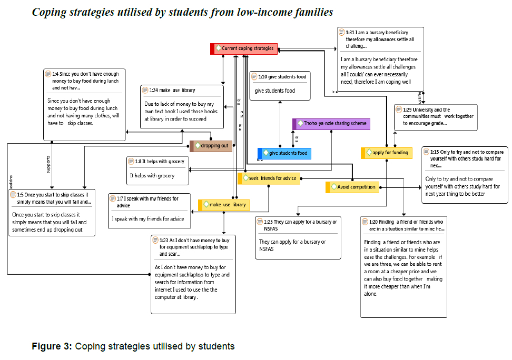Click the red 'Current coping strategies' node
coord(244,48)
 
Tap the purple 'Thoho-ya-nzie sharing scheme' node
coord(331,124)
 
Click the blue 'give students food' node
coord(284,153)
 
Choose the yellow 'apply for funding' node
coord(387,153)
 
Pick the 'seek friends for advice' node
coord(269,178)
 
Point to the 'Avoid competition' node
coord(352,187)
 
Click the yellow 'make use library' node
coord(224,205)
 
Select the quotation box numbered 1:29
coord(436,117)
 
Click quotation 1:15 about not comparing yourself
coord(465,175)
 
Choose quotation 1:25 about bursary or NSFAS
coord(298,237)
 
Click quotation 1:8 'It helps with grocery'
coord(157,171)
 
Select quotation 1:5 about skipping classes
coord(52,213)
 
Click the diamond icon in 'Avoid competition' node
coord(333,187)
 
